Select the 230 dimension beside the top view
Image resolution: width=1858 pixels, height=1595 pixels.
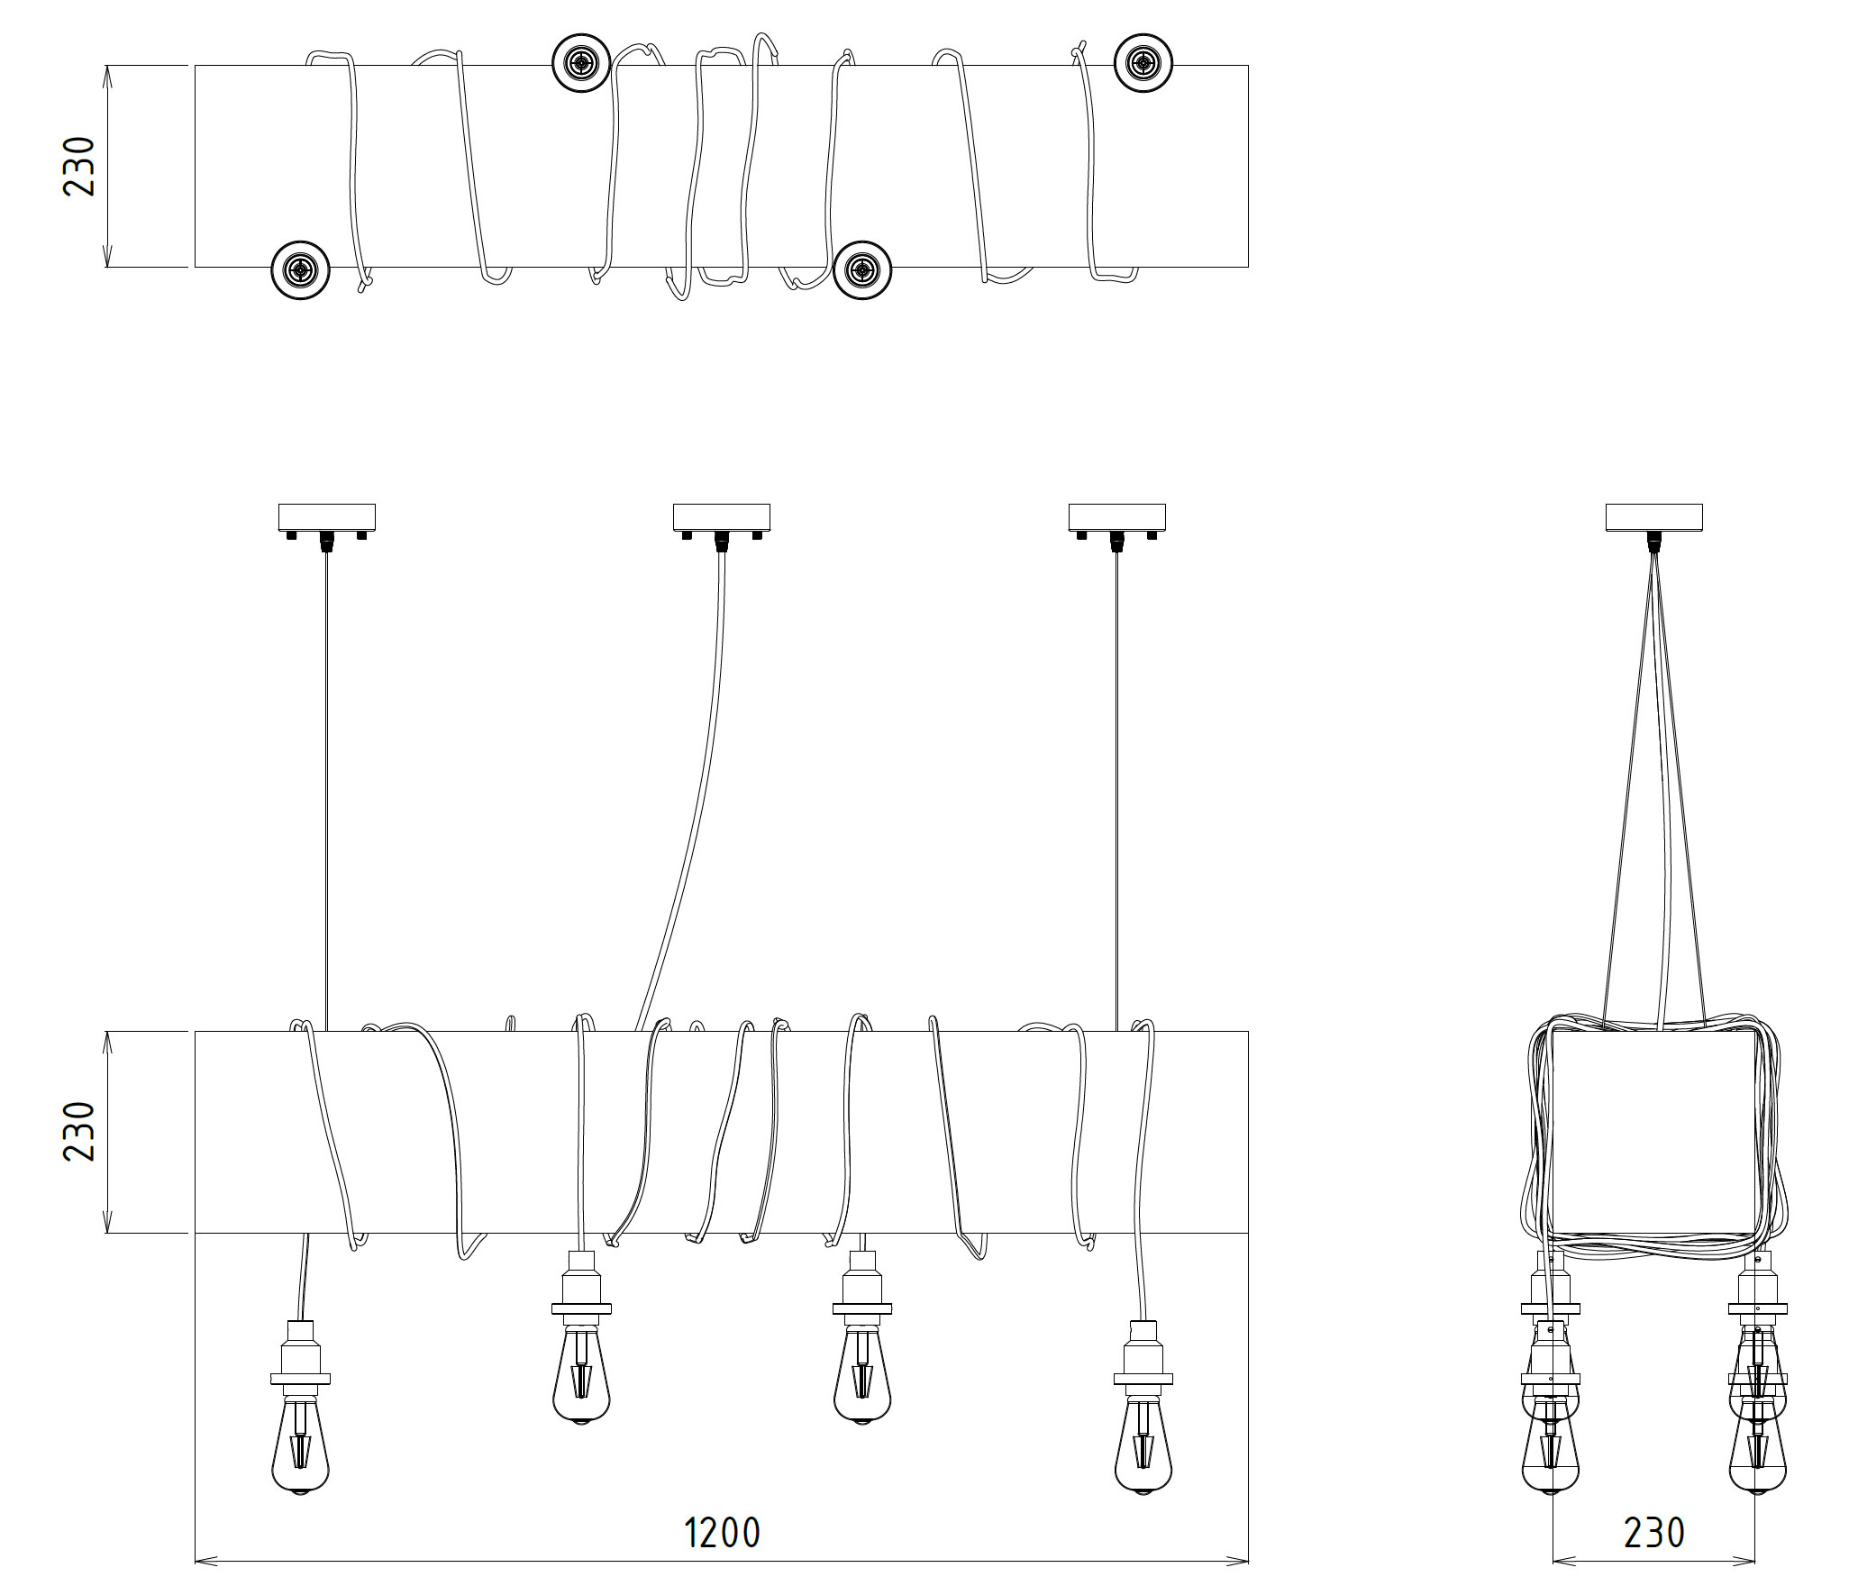click(x=79, y=166)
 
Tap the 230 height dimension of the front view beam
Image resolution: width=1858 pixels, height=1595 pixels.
click(x=79, y=1131)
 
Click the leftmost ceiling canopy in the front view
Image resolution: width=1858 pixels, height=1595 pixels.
click(x=326, y=522)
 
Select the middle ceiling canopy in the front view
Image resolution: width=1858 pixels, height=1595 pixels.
click(x=722, y=522)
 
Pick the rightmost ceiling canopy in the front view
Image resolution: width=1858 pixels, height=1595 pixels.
click(x=1117, y=522)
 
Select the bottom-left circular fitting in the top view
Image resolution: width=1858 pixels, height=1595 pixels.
click(x=300, y=269)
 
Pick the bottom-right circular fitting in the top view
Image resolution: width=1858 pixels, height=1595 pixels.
click(x=862, y=269)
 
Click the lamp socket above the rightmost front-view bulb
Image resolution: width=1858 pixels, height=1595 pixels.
click(x=1143, y=1352)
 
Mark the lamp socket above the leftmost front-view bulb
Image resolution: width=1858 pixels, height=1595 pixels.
click(x=300, y=1352)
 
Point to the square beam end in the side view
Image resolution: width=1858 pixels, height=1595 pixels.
click(x=1654, y=1131)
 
